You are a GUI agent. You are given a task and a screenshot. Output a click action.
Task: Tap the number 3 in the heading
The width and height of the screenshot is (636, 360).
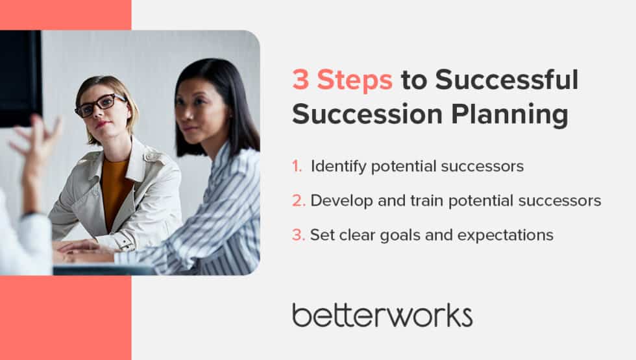[300, 81]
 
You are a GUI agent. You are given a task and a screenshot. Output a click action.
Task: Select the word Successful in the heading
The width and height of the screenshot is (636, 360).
[506, 81]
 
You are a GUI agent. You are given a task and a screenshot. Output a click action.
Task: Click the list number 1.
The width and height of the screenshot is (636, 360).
[297, 167]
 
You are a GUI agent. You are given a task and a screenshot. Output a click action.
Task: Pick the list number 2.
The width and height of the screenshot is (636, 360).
[298, 200]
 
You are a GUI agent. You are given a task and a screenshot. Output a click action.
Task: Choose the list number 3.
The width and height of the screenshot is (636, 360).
[298, 235]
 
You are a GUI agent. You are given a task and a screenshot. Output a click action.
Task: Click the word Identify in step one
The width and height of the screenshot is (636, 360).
[336, 167]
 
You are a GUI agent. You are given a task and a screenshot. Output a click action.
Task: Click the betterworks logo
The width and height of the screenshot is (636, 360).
[382, 315]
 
